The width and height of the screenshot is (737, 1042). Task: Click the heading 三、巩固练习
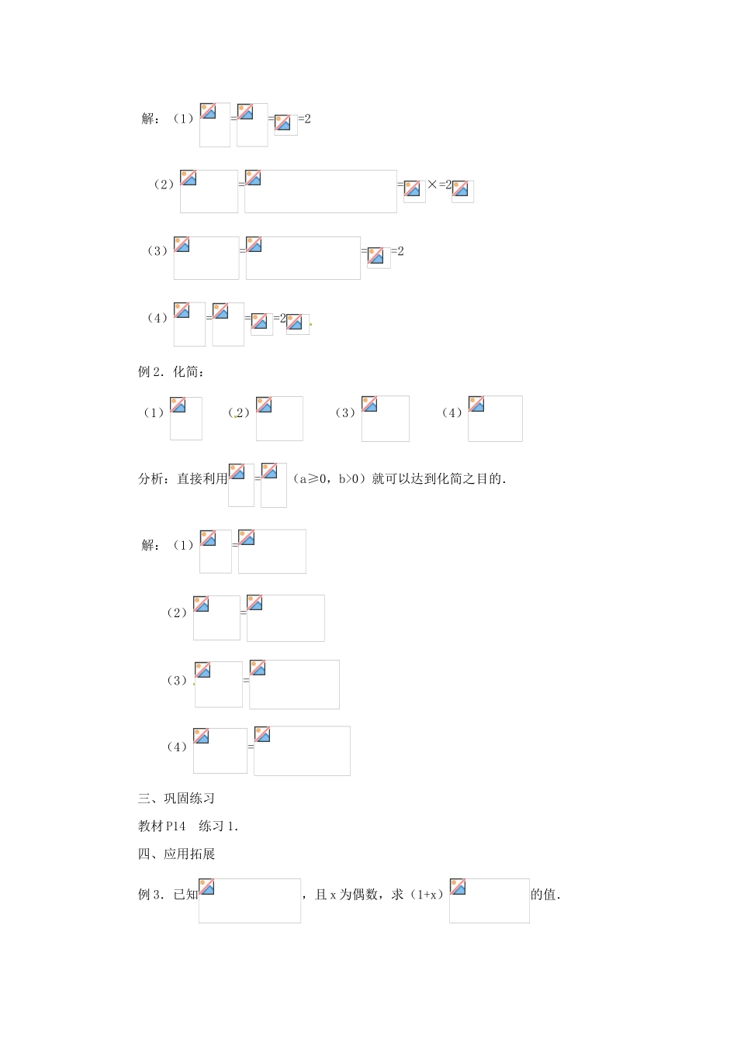point(176,798)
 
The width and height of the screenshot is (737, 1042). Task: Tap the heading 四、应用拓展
point(176,854)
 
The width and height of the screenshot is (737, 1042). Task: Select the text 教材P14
point(158,826)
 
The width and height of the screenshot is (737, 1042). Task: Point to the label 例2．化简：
point(171,371)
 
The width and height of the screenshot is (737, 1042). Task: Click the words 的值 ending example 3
point(545,894)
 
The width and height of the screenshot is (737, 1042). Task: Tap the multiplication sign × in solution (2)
point(432,185)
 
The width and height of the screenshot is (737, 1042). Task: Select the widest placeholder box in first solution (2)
point(320,191)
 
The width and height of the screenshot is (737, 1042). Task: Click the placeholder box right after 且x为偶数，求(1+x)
point(489,901)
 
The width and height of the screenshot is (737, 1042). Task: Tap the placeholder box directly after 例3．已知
point(249,901)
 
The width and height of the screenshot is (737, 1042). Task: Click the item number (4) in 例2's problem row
point(452,412)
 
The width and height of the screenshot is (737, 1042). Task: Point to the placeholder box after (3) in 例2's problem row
point(385,419)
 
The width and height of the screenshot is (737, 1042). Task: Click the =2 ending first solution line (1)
point(304,119)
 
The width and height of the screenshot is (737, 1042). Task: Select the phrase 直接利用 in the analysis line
point(202,478)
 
